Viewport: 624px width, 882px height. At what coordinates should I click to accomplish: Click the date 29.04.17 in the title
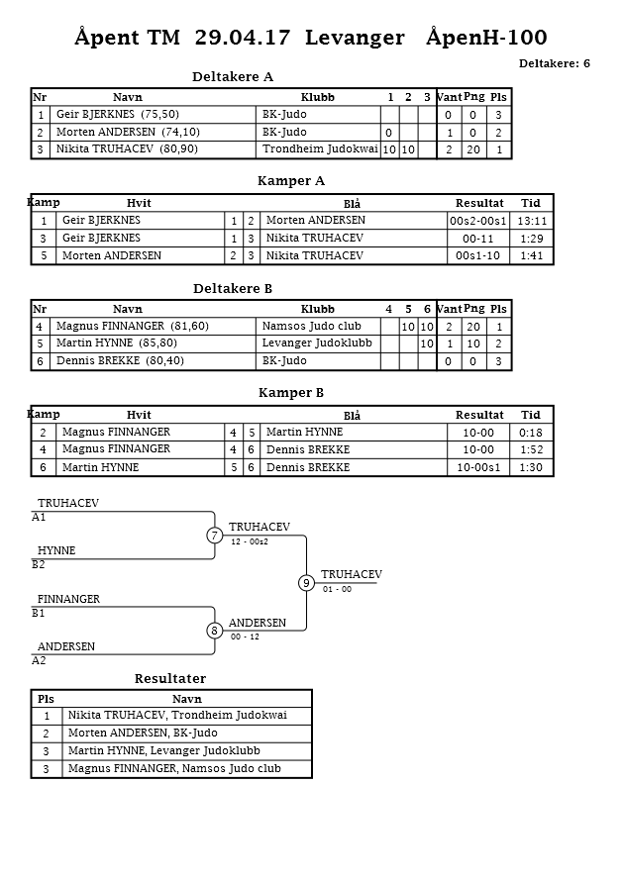point(243,38)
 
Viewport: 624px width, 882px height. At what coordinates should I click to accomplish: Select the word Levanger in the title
point(355,38)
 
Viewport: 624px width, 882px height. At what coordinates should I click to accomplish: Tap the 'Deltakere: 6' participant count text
point(555,63)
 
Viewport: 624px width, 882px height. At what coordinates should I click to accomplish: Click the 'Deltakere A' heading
point(233,76)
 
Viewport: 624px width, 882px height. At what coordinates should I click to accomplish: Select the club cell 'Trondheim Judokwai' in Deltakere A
point(320,149)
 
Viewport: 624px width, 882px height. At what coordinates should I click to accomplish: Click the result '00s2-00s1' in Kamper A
point(478,221)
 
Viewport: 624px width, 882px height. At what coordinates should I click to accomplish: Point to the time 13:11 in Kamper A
point(532,221)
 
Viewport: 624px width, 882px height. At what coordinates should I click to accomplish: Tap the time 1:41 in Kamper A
point(532,256)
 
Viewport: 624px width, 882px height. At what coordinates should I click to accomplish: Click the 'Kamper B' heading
point(291,393)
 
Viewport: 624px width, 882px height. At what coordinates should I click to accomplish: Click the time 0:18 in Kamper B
point(532,433)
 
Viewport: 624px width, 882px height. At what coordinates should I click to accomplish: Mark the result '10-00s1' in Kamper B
point(478,468)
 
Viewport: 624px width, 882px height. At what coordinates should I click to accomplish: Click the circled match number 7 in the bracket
point(214,536)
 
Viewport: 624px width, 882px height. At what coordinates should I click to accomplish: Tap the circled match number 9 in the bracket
point(307,583)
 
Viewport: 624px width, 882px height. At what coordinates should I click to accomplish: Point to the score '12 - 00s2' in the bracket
point(250,542)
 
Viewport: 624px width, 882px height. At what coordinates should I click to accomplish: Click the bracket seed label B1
point(39,613)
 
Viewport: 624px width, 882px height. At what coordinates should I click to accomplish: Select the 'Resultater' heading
point(170,679)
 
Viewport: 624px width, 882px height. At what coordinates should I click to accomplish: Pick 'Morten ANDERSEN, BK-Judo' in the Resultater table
point(143,734)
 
